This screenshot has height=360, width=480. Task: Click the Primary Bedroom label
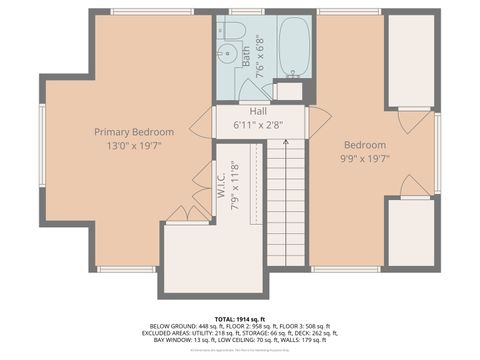point(134,131)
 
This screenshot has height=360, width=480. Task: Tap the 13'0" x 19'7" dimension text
point(134,144)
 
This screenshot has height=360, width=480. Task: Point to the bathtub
point(293,46)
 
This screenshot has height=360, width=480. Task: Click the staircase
point(286,200)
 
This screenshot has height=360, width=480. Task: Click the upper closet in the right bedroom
point(410,60)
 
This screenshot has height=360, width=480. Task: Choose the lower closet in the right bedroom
point(410,232)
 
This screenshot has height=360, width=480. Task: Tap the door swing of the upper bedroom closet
point(413,121)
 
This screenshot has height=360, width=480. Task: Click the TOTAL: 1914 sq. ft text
point(240,317)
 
